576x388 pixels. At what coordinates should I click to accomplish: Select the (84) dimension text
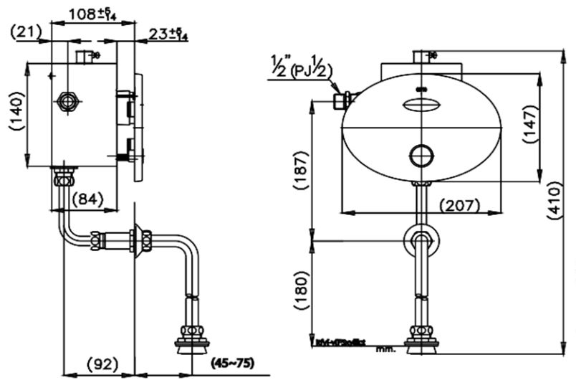pos(85,198)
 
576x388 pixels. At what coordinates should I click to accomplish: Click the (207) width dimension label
pos(459,206)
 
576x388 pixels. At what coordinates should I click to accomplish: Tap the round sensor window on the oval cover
pos(421,153)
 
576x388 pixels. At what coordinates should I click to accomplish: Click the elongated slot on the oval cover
pos(421,106)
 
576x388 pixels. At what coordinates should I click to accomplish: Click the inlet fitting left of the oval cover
pos(342,100)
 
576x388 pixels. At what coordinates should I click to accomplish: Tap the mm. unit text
pos(381,349)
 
